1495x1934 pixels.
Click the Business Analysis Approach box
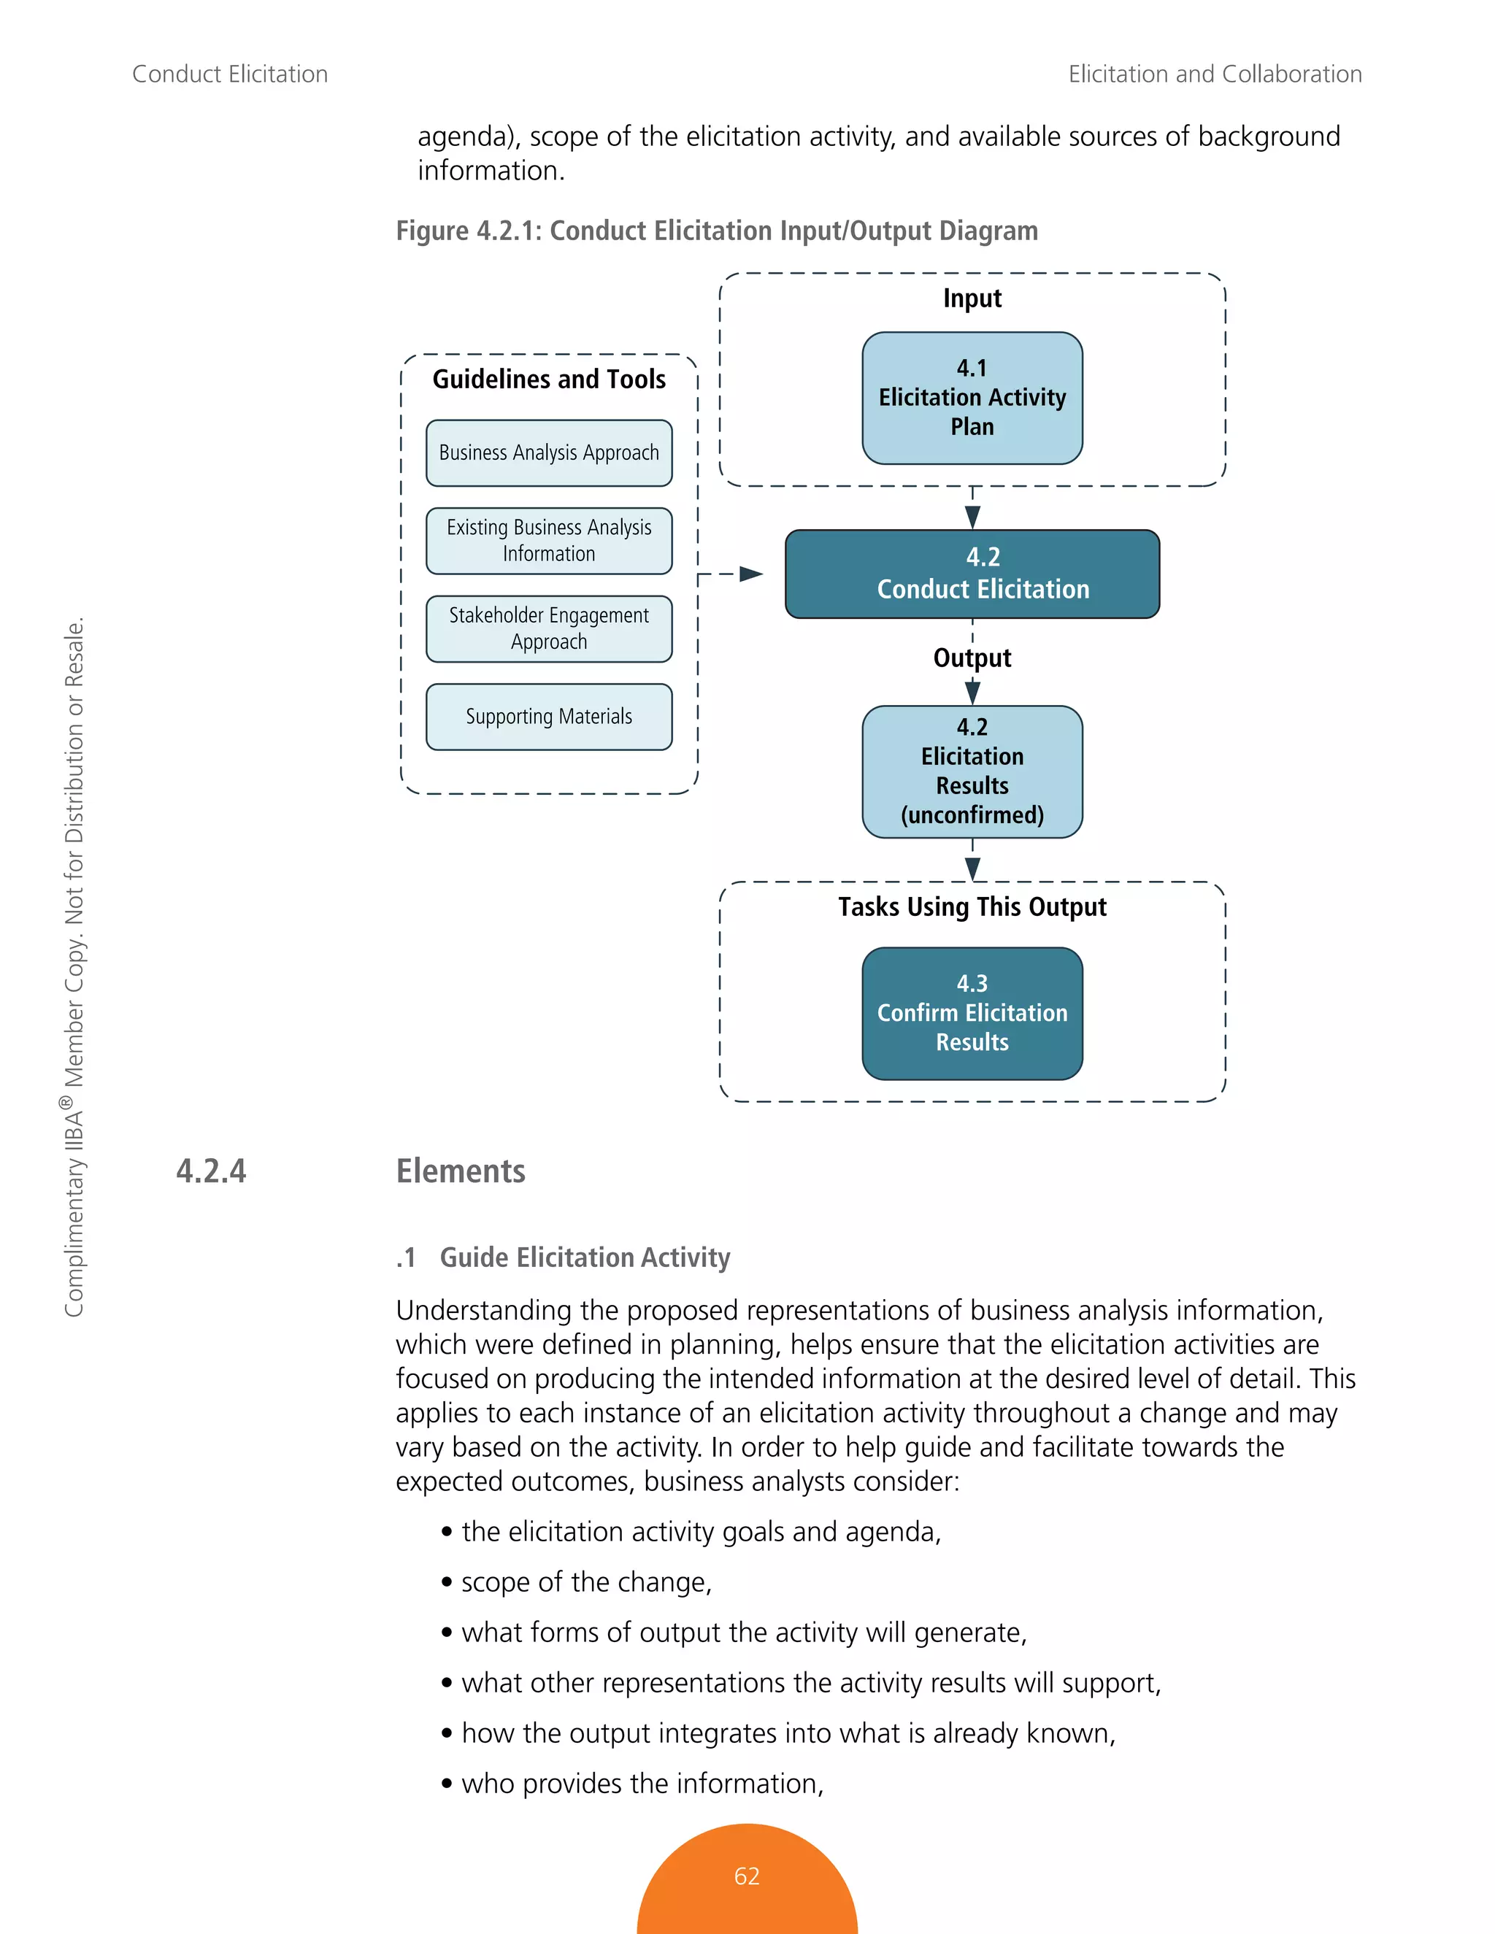pos(549,452)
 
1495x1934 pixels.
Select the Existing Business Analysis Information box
pos(549,540)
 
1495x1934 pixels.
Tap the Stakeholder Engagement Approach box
pos(549,628)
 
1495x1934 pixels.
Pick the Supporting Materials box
pos(549,717)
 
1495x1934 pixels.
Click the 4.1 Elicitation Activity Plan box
pos(972,398)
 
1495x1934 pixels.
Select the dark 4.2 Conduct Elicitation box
pos(972,574)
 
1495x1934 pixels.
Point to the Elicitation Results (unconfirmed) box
pos(972,771)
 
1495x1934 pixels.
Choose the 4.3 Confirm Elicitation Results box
pos(972,1013)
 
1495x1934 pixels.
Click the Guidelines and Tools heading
pos(549,379)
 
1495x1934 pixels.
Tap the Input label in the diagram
pos(972,298)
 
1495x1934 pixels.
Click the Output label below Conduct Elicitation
pos(972,658)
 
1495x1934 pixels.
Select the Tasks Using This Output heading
pos(972,906)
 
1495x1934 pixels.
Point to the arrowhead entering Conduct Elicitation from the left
pos(751,574)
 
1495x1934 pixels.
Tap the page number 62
pos(747,1876)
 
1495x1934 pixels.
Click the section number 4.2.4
pos(211,1171)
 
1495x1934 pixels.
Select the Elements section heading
pos(461,1171)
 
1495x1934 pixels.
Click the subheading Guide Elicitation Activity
pos(585,1257)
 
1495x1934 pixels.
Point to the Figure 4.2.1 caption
pos(717,230)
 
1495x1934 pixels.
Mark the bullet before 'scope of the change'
pos(447,1582)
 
